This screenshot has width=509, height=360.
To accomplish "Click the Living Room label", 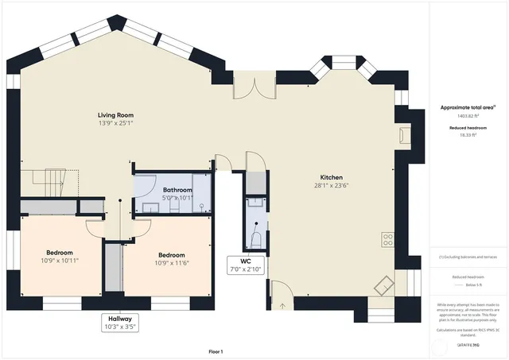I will click(115, 115).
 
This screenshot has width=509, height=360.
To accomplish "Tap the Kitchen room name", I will click(331, 176).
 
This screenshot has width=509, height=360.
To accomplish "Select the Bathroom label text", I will click(177, 190).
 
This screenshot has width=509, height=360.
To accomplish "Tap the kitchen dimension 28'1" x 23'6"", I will click(331, 185).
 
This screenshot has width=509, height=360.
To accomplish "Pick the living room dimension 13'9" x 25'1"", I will click(115, 124).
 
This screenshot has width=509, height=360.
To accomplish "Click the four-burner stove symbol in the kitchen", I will click(388, 238).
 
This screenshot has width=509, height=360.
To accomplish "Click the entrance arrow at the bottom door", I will click(282, 304).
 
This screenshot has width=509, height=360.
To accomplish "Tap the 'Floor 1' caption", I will click(216, 351).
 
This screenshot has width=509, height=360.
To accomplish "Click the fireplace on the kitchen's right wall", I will click(406, 136).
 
